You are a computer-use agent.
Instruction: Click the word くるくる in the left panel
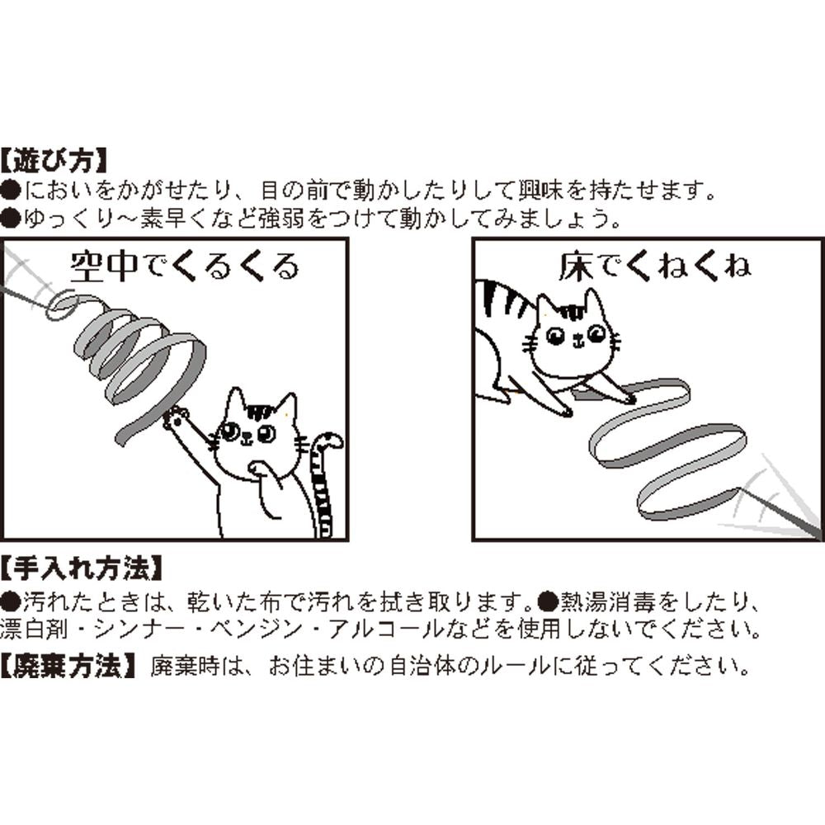[235, 266]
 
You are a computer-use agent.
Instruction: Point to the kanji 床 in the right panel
[577, 266]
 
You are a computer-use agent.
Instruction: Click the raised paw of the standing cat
[175, 417]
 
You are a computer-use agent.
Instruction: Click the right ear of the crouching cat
[596, 301]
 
